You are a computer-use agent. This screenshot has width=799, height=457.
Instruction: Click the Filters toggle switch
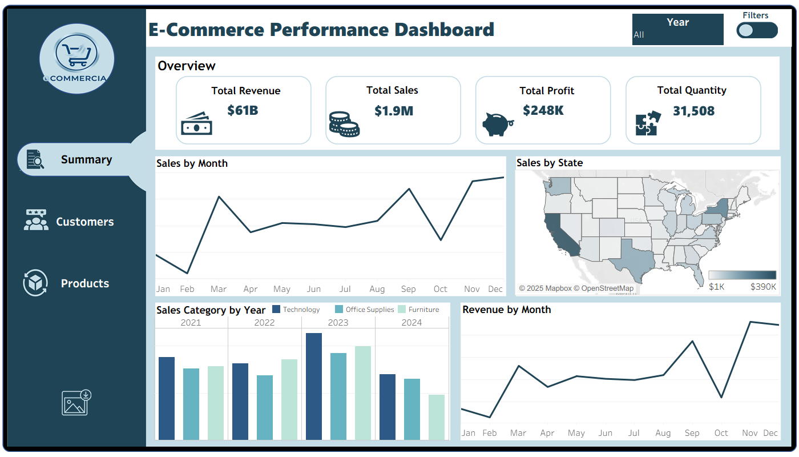[x=757, y=30]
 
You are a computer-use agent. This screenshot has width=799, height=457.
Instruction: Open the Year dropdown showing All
[x=677, y=30]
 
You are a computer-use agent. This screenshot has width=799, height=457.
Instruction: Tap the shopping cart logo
[x=76, y=56]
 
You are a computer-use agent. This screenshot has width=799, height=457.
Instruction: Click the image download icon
[x=76, y=403]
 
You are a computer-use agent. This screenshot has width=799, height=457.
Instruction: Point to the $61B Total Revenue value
[x=243, y=110]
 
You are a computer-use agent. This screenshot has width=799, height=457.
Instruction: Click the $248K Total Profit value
[x=543, y=110]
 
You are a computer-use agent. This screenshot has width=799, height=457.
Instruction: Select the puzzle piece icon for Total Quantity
[x=648, y=123]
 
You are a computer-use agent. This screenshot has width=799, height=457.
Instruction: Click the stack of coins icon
[x=344, y=124]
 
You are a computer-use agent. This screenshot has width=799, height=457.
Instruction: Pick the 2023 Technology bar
[x=314, y=386]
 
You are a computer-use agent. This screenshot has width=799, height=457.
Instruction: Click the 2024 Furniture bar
[x=437, y=417]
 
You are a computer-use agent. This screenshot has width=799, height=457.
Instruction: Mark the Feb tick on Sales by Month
[x=187, y=289]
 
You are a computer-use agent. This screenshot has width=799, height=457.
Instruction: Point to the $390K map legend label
[x=763, y=287]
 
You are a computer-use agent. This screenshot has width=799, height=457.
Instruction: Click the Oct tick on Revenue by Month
[x=721, y=433]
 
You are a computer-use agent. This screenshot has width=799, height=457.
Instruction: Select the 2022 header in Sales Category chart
[x=264, y=322]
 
